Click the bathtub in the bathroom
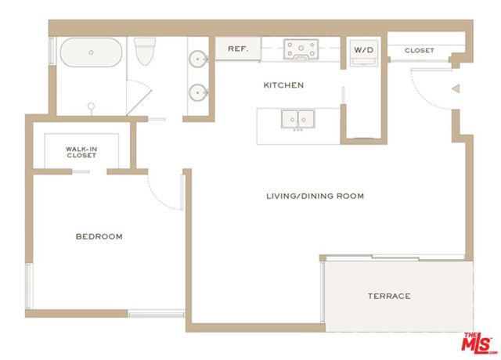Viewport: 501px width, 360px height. click(x=92, y=53)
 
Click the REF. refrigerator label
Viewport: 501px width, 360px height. click(x=238, y=49)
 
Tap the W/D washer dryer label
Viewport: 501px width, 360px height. click(x=363, y=50)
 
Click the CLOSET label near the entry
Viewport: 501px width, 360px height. click(x=419, y=51)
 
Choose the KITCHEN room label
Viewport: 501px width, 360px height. click(x=283, y=85)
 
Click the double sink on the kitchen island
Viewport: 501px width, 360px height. click(x=297, y=120)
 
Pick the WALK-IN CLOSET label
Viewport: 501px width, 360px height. click(x=81, y=151)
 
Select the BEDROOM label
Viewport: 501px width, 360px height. click(x=99, y=236)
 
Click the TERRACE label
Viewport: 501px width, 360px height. click(x=389, y=296)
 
